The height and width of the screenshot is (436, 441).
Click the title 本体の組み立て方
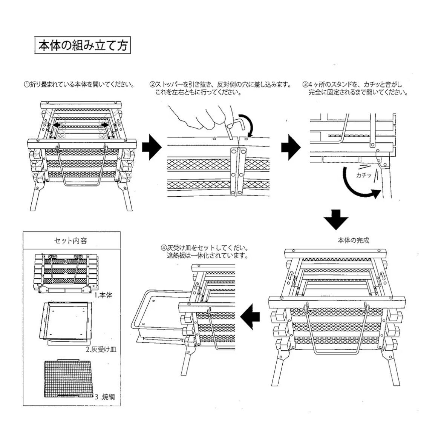tap(83, 45)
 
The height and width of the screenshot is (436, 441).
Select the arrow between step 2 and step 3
tap(291, 147)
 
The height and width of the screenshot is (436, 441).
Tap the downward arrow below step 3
tap(336, 219)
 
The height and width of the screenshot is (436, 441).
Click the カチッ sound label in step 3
tap(364, 175)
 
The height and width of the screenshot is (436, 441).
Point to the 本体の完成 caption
tap(353, 240)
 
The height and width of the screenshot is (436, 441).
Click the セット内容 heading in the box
tap(70, 241)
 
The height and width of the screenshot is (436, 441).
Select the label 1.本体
tap(103, 295)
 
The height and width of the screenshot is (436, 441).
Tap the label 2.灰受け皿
tap(101, 350)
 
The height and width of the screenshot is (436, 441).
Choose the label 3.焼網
tap(105, 397)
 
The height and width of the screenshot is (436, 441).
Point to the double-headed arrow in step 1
tap(81, 124)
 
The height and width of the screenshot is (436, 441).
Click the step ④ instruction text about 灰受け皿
tap(204, 252)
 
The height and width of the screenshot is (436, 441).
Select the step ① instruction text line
tap(79, 84)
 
